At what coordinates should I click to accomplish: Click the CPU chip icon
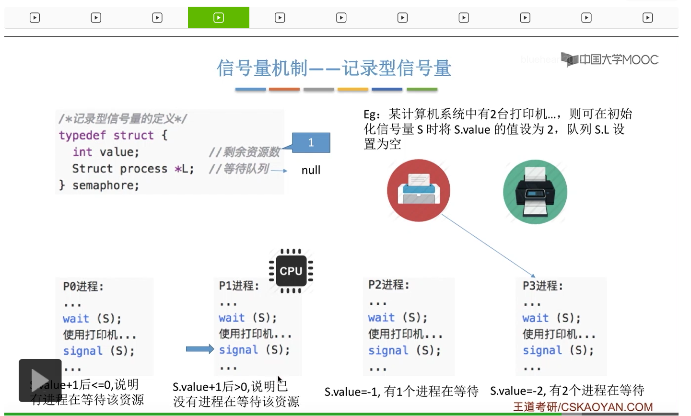click(291, 271)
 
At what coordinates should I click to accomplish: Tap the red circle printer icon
click(419, 190)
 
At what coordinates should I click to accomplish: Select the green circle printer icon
click(535, 192)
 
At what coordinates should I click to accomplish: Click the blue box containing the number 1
click(311, 143)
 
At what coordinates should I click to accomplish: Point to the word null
click(311, 170)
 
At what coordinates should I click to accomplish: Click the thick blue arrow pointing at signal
click(199, 349)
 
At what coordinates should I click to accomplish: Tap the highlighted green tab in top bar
click(219, 18)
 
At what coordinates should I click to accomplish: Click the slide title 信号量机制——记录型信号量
click(334, 68)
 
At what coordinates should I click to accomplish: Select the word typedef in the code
click(82, 135)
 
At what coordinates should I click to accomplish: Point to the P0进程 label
click(83, 287)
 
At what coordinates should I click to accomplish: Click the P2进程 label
click(389, 285)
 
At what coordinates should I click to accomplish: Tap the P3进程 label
click(543, 286)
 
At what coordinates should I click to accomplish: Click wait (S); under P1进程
click(247, 318)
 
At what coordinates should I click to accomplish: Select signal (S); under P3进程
click(558, 350)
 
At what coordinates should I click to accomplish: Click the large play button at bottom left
click(40, 380)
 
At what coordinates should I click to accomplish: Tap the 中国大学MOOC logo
click(610, 60)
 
